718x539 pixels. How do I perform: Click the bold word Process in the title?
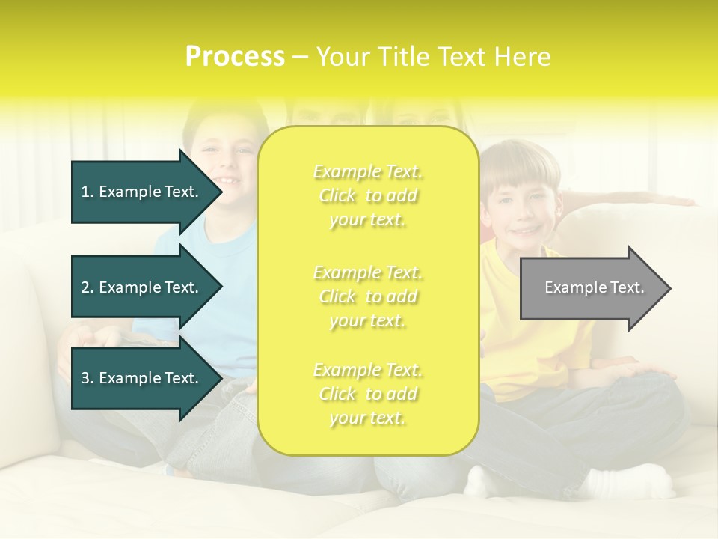point(235,57)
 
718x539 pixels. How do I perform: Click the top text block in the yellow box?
point(367,195)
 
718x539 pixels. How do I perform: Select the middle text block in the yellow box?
point(367,296)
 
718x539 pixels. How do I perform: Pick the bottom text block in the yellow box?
point(367,394)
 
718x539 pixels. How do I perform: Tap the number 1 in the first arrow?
point(85,192)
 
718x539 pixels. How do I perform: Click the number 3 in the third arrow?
point(85,378)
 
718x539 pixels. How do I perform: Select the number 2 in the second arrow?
point(85,287)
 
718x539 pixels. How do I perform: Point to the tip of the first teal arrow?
point(221,192)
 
